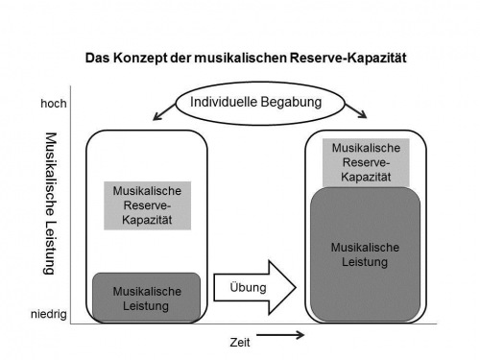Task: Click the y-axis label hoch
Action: coord(53,103)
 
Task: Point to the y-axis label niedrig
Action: coord(49,314)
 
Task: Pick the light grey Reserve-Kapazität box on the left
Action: coord(147,204)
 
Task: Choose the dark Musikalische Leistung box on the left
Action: coord(146,298)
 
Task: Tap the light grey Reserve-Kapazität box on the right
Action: coord(365,162)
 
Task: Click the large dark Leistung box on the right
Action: coord(365,252)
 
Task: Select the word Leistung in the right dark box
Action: coord(365,261)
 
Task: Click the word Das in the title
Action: coord(96,58)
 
